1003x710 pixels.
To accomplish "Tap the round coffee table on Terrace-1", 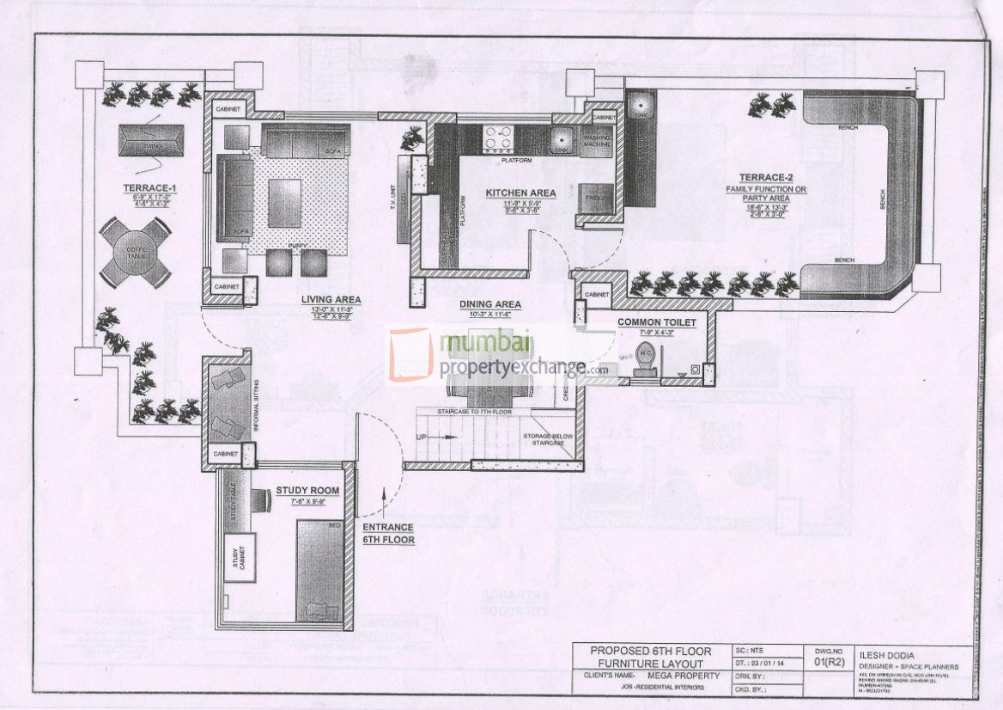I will coord(135,252).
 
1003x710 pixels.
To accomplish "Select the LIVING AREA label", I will coord(331,299).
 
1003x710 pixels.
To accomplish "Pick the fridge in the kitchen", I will coord(594,199).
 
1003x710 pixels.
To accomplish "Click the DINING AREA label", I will coord(490,304).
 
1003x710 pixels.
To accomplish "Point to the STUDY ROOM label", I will coord(307,491).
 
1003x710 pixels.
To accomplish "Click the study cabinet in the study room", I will coord(240,557).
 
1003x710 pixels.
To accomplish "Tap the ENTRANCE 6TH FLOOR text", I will coord(388,533).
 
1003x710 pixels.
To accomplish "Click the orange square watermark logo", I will coord(410,354).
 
